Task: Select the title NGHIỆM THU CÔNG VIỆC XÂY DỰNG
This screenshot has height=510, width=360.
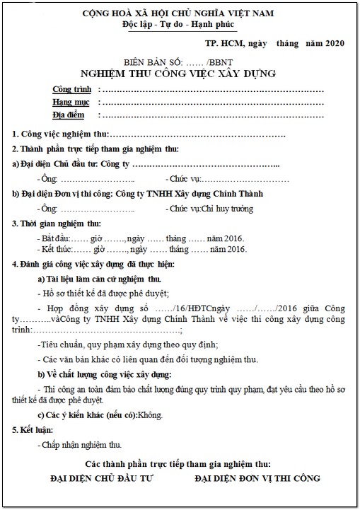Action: (178, 74)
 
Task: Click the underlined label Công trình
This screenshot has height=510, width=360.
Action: (72, 90)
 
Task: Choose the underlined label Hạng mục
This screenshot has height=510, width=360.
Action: (73, 102)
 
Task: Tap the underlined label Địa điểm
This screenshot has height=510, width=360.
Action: (74, 114)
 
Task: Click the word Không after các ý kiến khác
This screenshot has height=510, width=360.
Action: (150, 414)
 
